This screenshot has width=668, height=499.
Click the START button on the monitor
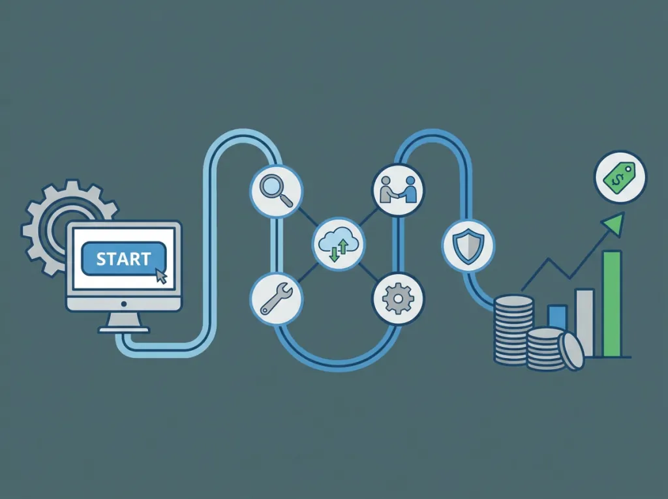[123, 258]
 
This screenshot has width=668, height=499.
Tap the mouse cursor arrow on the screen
[161, 276]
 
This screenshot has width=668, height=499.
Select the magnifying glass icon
[277, 190]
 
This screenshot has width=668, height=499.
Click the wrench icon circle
[276, 299]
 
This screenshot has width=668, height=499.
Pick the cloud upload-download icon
[339, 244]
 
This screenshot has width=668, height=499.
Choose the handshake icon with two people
[399, 190]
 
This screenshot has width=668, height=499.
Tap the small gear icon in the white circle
[398, 298]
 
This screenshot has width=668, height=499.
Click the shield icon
[468, 246]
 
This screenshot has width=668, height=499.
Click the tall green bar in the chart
[612, 303]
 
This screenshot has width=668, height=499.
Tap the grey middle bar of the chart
[584, 323]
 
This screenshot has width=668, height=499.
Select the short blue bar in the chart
[557, 316]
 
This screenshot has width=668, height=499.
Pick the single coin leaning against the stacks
[571, 350]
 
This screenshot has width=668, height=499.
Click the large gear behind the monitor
[47, 226]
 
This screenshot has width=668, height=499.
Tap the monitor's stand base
[123, 329]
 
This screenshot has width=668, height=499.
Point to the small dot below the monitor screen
[123, 304]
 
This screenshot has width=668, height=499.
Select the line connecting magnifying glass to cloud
[308, 217]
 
